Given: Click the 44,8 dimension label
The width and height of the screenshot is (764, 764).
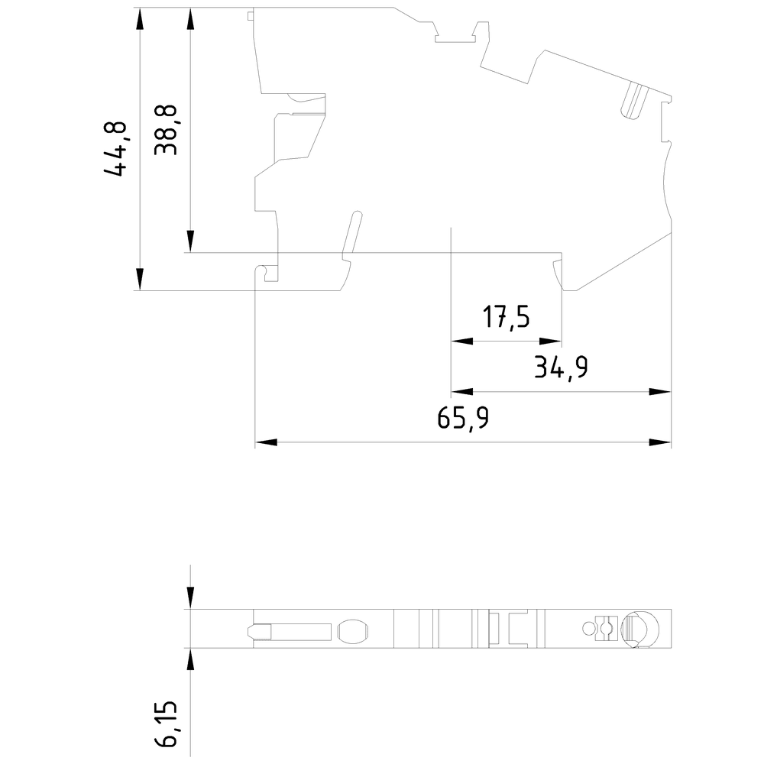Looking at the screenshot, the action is [x=115, y=149].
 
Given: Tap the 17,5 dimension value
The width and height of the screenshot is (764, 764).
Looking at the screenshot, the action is [x=506, y=317].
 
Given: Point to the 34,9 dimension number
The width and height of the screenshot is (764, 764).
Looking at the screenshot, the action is [x=561, y=367].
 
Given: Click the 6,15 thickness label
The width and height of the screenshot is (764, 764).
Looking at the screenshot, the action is [x=166, y=725].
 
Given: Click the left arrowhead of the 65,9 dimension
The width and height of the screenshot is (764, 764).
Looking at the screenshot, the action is [x=266, y=442].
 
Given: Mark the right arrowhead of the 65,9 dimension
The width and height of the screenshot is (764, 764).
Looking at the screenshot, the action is [x=660, y=442].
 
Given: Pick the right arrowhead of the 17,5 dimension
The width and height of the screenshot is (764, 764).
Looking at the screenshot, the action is [x=551, y=341].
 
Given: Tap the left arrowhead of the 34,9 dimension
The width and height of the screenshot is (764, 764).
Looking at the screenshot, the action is [x=462, y=392].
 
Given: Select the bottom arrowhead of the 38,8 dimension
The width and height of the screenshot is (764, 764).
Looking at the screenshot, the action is [x=190, y=241].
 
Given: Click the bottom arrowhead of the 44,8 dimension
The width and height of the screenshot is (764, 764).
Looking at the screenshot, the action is [x=141, y=280].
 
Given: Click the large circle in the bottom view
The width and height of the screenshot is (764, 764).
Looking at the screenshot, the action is [x=639, y=629].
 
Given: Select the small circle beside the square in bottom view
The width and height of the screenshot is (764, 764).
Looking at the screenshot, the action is [x=588, y=629].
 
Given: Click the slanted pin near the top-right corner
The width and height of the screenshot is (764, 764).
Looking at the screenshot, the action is [x=632, y=100].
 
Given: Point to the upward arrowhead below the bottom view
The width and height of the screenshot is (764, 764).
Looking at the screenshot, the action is [x=190, y=659].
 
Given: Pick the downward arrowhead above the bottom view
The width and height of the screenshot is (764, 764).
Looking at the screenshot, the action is [x=190, y=598].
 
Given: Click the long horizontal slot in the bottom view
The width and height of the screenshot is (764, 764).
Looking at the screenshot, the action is [x=290, y=632].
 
